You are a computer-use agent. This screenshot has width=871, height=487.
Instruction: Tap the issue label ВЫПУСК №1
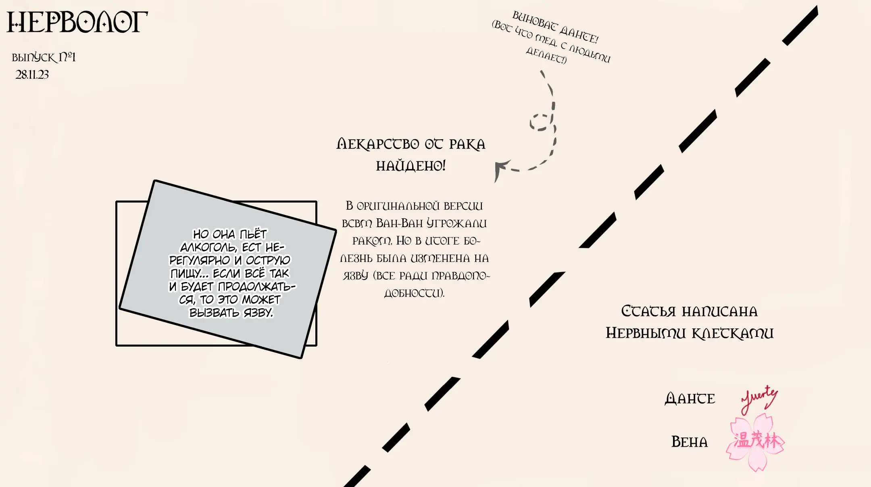[44, 57]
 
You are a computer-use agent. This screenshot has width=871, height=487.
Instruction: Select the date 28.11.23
[32, 75]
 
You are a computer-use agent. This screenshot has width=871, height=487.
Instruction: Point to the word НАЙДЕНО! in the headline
[410, 166]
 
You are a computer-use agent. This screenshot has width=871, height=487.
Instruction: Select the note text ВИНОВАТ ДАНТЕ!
[555, 27]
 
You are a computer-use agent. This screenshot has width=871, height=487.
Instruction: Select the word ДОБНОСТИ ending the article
[414, 293]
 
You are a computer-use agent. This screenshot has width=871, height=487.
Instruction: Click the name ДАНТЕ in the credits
[690, 399]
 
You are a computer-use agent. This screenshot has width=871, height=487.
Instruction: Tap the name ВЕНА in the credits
[689, 442]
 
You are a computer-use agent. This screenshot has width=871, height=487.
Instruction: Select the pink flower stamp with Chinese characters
[756, 441]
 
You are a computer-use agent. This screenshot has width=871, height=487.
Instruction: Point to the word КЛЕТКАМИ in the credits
[733, 333]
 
